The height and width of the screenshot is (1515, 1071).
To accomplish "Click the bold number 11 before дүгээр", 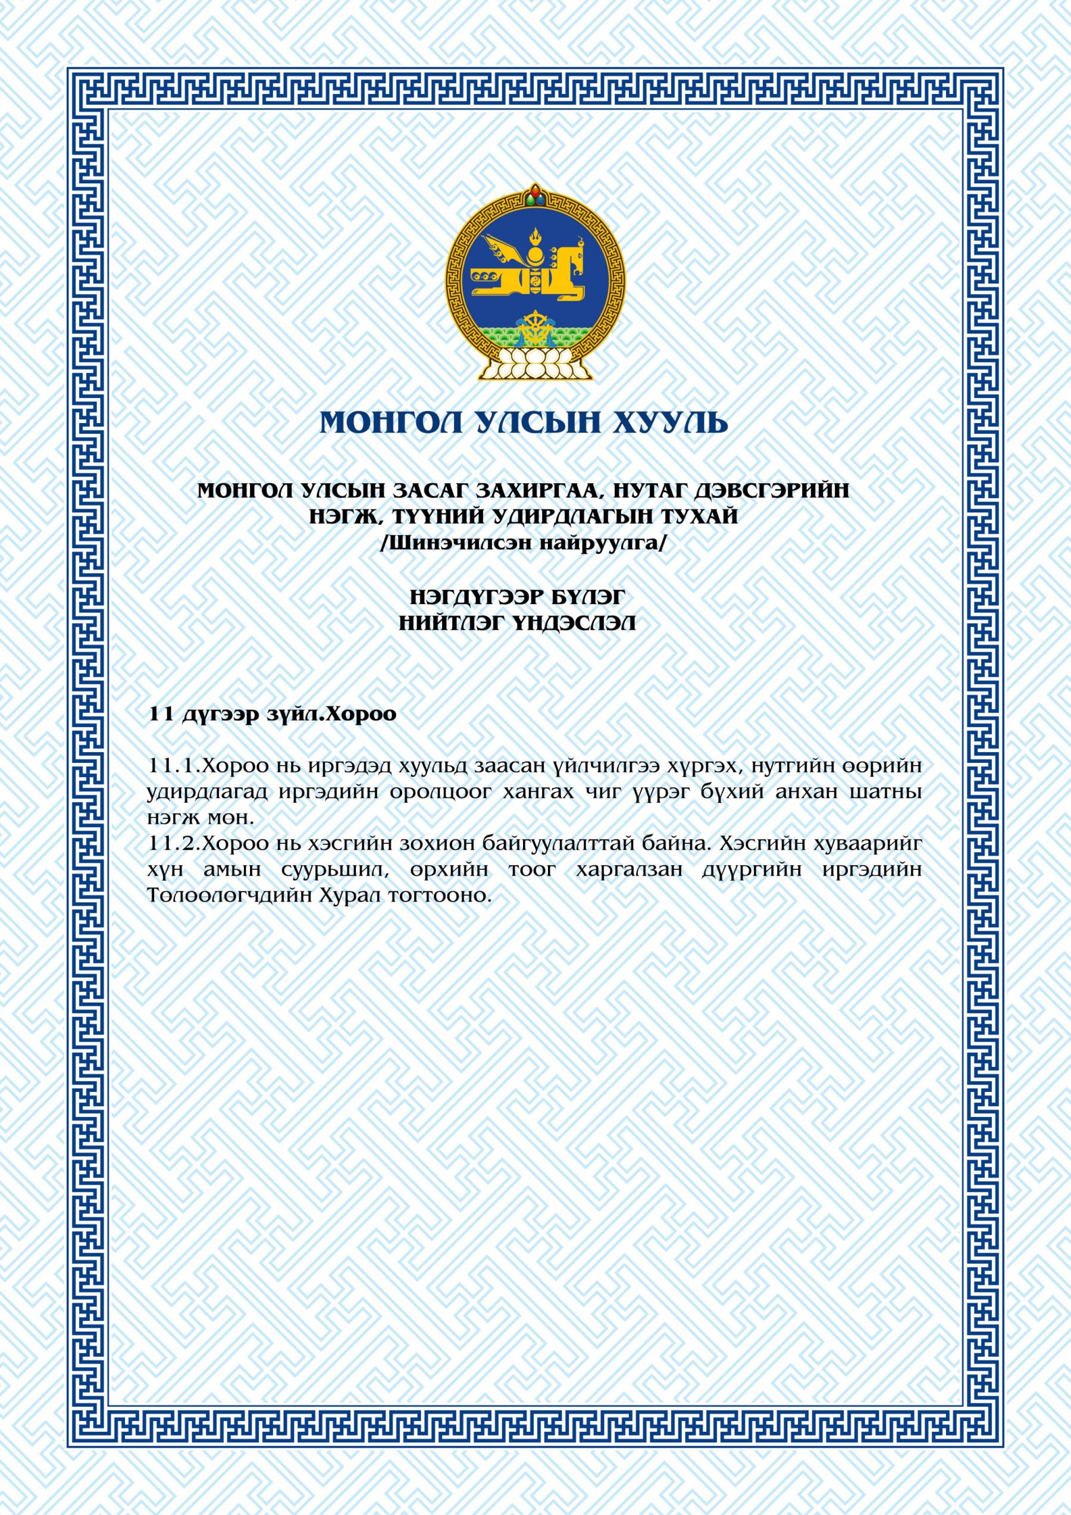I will pos(161,715).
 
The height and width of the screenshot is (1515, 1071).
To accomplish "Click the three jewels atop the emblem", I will pos(534,195).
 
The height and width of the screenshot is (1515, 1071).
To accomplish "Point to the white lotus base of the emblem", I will pos(534,364).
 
